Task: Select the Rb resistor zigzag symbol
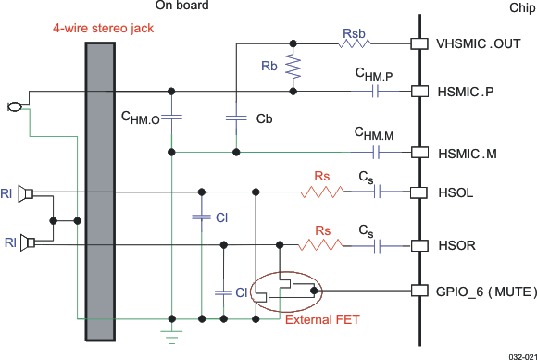pyautogui.click(x=293, y=68)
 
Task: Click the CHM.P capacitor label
pyautogui.click(x=374, y=73)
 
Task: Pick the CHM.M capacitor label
pyautogui.click(x=374, y=134)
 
